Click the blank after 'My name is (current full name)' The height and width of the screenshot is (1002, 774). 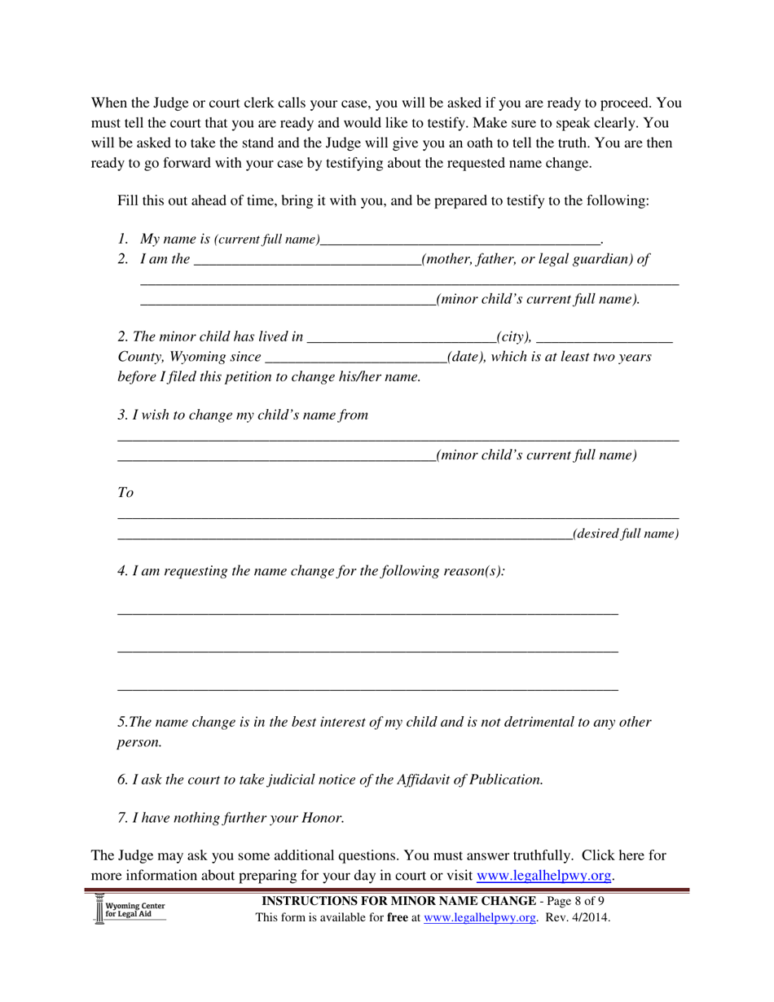(460, 240)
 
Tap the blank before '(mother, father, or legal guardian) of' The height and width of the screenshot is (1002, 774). (308, 261)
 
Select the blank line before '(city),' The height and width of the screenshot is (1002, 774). (402, 338)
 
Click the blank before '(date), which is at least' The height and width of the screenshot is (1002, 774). (356, 358)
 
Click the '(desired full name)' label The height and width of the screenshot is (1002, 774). (626, 534)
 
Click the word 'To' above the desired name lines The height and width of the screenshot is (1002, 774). (125, 493)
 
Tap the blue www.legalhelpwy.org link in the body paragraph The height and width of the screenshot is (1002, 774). (543, 876)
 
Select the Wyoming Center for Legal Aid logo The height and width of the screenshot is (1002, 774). (130, 909)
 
